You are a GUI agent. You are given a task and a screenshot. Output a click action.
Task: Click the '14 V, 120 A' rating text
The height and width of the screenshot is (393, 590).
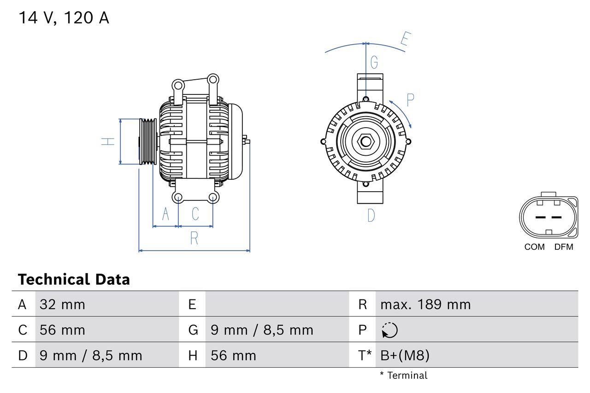point(64,18)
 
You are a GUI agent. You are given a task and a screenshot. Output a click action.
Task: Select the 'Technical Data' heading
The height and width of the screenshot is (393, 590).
point(74,280)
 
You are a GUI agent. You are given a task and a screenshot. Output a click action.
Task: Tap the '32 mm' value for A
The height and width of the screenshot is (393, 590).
point(62,305)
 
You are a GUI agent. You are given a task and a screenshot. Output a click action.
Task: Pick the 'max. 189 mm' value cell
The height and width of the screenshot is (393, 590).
point(425,305)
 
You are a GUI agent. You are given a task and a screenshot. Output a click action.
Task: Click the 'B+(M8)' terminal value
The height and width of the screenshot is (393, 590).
point(405,355)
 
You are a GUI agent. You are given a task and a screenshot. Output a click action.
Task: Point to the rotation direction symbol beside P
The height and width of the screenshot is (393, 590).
point(389,330)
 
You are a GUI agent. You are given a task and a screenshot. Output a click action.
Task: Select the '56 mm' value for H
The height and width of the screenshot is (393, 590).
point(233,355)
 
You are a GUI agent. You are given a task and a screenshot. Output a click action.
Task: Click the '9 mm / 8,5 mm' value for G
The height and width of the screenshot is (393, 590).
point(262,330)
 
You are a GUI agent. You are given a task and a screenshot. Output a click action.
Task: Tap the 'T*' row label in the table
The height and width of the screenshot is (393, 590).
point(365,355)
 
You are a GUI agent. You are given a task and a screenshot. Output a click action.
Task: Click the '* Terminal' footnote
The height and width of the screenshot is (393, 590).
point(403,375)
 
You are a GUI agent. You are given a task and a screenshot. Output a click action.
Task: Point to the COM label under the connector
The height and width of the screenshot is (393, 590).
point(534,247)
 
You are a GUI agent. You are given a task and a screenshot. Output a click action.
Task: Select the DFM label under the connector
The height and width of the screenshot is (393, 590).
point(563,247)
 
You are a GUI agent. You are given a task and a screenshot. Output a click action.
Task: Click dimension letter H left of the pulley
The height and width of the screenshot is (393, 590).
point(108,141)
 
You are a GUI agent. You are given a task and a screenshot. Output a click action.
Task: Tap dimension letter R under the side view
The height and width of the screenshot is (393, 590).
point(194,238)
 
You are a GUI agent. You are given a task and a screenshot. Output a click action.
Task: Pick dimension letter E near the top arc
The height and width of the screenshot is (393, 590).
point(405,40)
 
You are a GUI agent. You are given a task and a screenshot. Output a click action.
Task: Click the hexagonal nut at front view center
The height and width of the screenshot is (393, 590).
point(366,141)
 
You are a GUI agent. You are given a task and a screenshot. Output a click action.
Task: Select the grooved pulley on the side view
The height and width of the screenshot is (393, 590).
point(148,141)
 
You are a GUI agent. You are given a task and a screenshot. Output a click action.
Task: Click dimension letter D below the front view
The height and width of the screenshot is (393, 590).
point(371,215)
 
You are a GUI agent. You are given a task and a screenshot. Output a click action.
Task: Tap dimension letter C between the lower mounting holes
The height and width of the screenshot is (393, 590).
point(195,214)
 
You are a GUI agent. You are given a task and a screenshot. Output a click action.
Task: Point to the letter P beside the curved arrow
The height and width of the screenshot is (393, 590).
point(410,100)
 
